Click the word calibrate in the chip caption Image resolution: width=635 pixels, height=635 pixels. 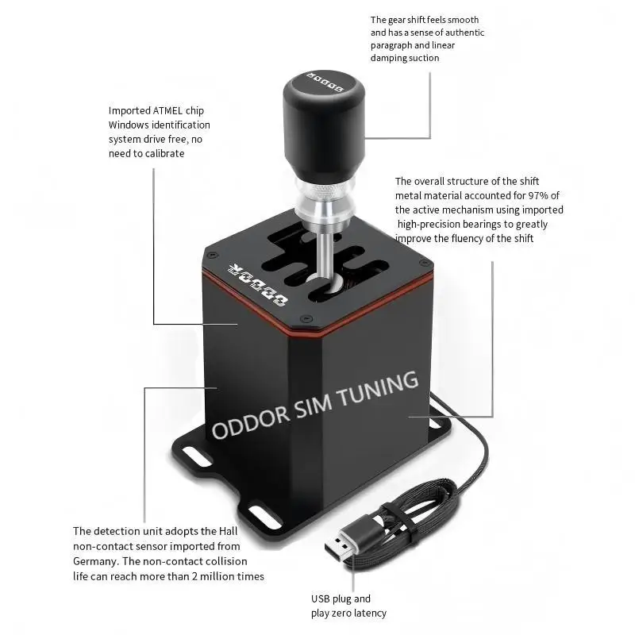pos(163,153)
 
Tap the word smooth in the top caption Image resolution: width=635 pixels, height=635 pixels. pos(462,20)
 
